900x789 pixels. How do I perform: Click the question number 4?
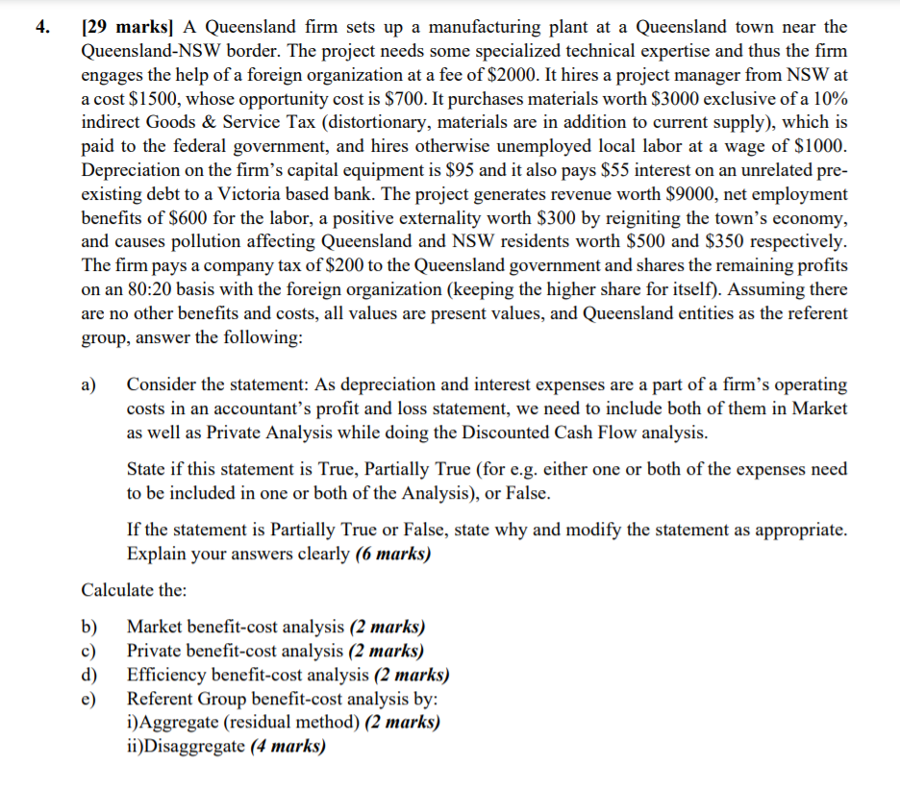41,27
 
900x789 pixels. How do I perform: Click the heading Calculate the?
134,589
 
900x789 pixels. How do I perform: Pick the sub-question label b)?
89,627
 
